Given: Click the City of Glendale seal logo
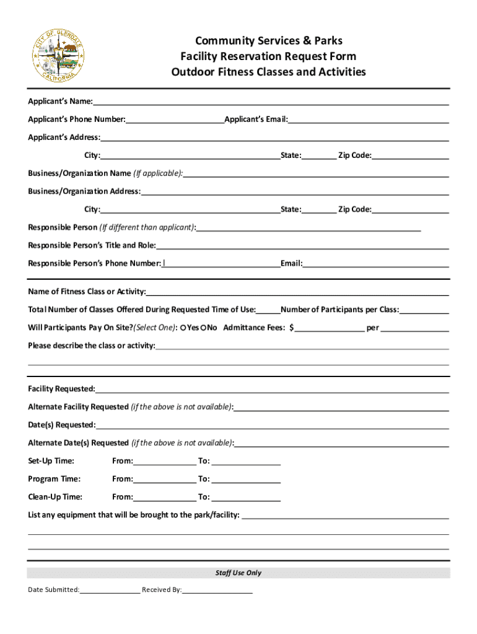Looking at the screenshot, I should click(x=58, y=56).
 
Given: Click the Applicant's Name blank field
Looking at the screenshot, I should click(x=271, y=101).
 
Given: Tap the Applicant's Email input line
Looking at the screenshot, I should click(x=368, y=119).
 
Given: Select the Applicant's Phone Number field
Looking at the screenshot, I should click(x=175, y=119).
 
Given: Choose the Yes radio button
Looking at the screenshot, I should click(x=183, y=328).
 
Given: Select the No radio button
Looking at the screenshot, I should click(x=203, y=328).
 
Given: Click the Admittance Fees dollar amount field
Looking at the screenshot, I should click(x=330, y=328).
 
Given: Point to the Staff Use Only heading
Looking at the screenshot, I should click(x=239, y=573).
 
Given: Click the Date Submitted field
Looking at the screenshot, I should click(x=110, y=589).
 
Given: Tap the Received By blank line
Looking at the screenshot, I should click(x=217, y=589).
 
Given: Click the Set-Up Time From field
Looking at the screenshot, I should click(x=164, y=461).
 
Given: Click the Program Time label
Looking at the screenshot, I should click(x=54, y=479).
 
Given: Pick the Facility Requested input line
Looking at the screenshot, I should click(x=272, y=389).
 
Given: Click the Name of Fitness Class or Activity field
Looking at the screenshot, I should click(x=297, y=292).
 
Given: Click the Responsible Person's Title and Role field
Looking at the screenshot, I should click(x=302, y=245).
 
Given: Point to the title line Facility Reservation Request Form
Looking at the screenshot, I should click(x=268, y=56).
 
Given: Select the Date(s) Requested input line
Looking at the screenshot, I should click(x=272, y=425).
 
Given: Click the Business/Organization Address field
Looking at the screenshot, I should click(x=295, y=191).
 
